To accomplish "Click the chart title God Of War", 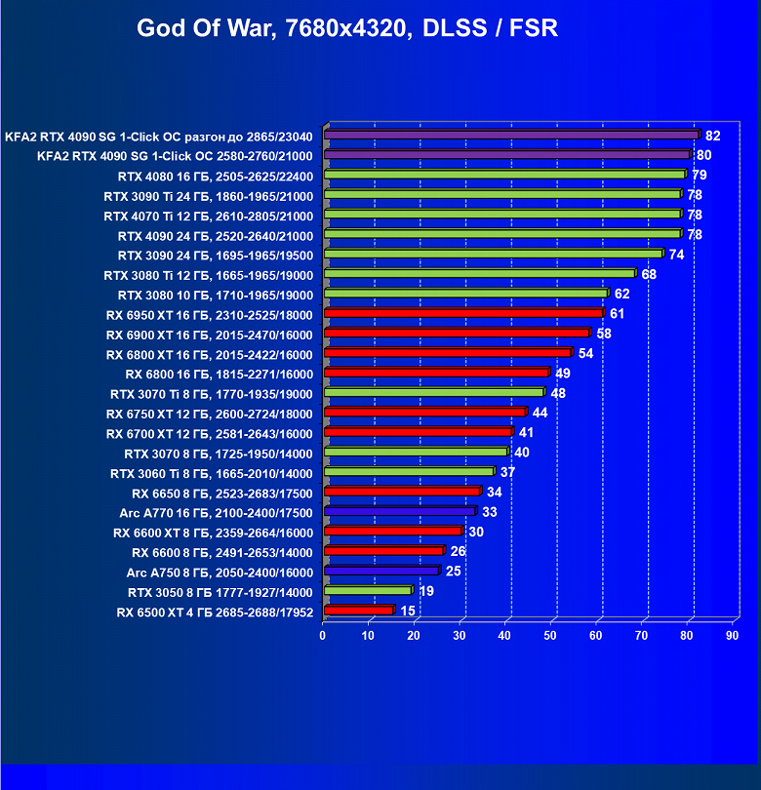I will point(347,27).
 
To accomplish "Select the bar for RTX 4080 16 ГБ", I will point(504,176).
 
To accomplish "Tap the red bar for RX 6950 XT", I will point(463,314).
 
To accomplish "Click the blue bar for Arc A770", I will point(399,512).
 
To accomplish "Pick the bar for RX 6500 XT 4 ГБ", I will point(358,612).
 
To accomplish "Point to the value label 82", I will point(712,136).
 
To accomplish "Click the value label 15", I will point(408,612).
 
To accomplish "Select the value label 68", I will point(649,274).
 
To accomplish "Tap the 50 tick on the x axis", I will point(550,636).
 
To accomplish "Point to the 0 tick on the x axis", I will point(323,636).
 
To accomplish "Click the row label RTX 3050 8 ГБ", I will point(220,592).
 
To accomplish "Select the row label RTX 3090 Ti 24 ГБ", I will point(208,195).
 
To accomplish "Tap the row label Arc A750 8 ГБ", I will point(220,573).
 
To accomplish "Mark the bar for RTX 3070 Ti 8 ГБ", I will point(433,393).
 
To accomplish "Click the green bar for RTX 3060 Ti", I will point(409,472).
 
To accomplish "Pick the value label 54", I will point(585,353).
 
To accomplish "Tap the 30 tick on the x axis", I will point(460,636).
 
